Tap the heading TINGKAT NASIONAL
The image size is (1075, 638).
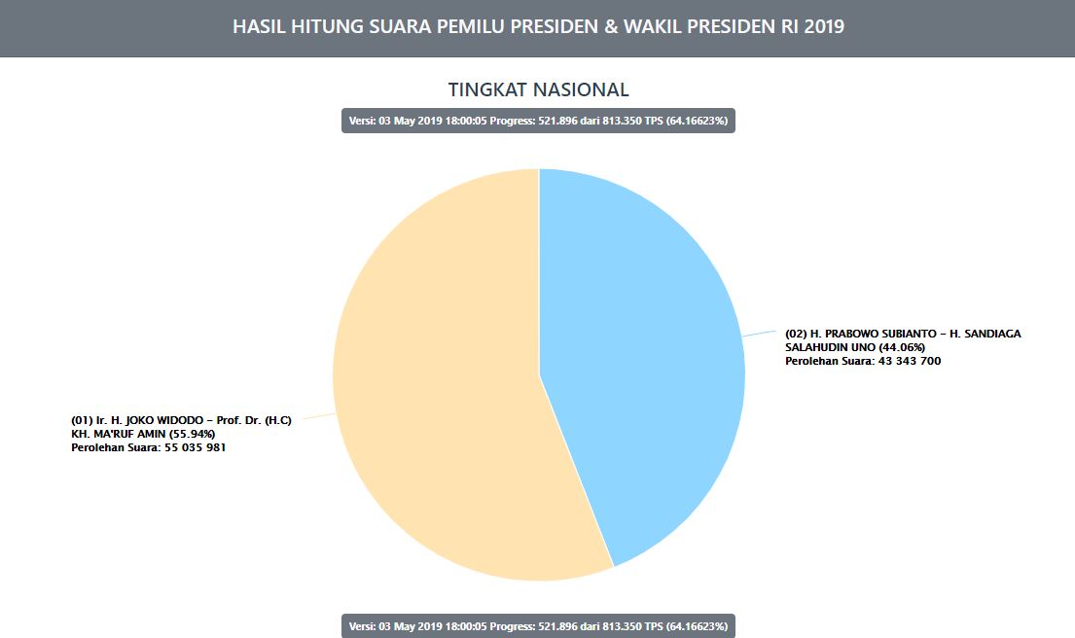click(538, 89)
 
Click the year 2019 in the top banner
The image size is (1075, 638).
click(823, 27)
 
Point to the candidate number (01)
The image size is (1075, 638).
click(82, 420)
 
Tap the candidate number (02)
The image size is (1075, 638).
click(796, 334)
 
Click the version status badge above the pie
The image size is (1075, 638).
click(538, 121)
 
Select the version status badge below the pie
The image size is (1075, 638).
click(538, 625)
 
